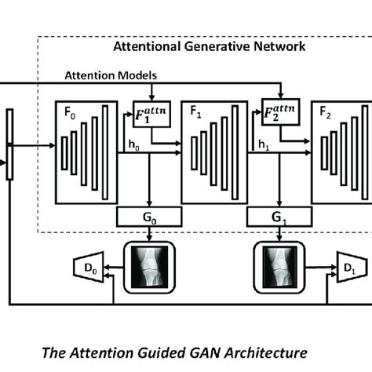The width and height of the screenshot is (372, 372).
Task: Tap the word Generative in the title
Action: click(x=209, y=47)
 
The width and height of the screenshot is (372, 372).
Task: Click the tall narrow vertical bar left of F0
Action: click(x=9, y=145)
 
